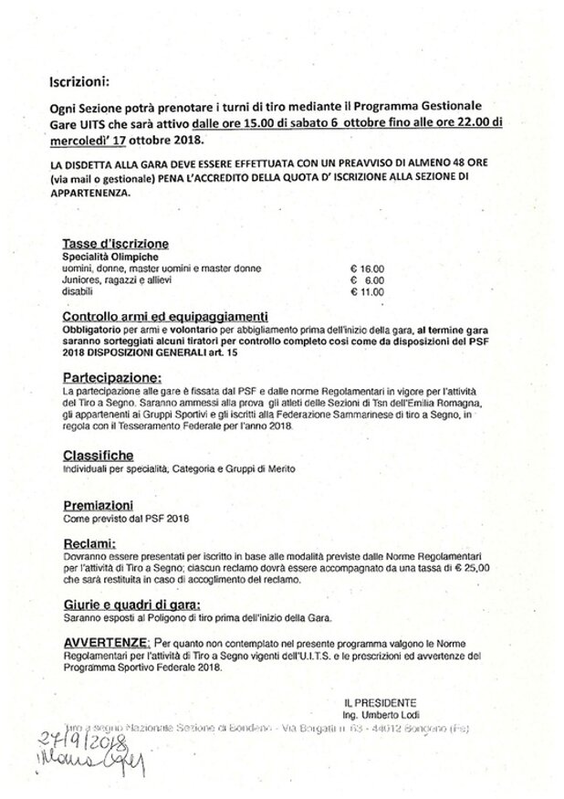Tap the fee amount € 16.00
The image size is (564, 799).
tap(368, 269)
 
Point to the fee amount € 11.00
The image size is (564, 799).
tap(368, 293)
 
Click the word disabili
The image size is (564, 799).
tap(76, 293)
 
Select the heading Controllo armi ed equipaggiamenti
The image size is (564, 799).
tap(163, 314)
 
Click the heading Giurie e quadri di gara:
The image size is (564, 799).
tap(132, 605)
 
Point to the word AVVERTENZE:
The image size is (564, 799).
tap(105, 642)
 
